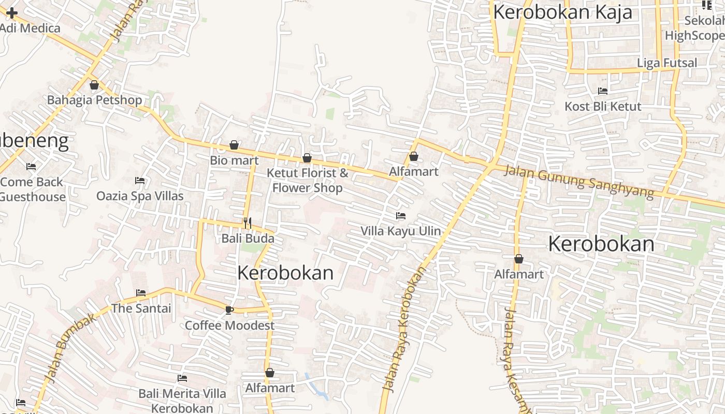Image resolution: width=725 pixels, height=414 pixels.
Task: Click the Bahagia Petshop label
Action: (94, 100)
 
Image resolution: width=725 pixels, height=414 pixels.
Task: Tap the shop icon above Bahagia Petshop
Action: (94, 85)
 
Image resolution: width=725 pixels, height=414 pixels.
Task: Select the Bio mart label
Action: (234, 160)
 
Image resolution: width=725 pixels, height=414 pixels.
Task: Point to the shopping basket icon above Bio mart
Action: (234, 145)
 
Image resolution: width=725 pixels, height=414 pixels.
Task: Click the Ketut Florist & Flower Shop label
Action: (308, 180)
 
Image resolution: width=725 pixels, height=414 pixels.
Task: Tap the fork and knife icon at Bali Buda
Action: (248, 223)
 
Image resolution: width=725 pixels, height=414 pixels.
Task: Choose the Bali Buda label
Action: (248, 239)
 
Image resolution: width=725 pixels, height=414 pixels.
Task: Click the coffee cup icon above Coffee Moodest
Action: (229, 310)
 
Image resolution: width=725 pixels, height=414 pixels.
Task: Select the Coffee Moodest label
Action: (230, 326)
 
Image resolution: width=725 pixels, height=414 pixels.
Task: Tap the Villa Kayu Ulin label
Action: (401, 231)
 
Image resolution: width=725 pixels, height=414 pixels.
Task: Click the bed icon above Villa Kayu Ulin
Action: (401, 216)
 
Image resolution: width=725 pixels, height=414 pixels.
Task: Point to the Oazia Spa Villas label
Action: (140, 196)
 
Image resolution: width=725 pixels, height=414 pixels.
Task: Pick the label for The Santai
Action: (141, 308)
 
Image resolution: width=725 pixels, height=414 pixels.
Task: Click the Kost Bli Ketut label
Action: (603, 107)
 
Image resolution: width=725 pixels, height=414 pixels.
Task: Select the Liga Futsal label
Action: (667, 63)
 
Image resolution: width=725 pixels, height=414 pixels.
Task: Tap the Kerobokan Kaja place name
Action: (563, 12)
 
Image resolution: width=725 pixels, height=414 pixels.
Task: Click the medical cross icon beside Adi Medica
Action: (11, 13)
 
